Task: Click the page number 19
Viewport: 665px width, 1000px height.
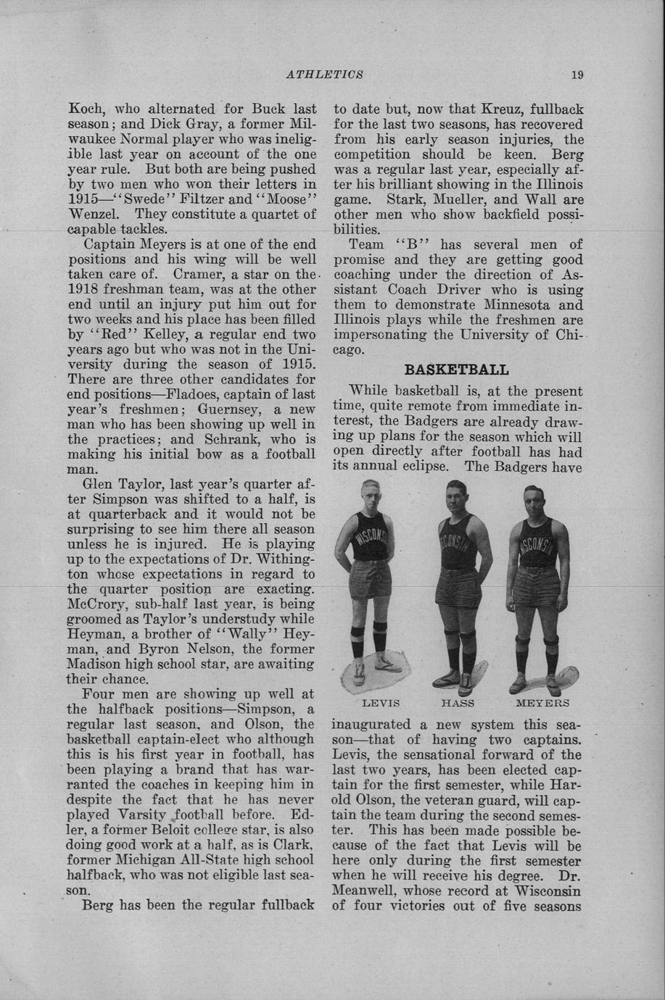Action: click(577, 74)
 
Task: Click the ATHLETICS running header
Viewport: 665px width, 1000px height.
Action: click(324, 74)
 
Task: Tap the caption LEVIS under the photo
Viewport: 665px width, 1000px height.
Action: click(381, 703)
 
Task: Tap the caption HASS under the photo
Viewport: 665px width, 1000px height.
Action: click(458, 703)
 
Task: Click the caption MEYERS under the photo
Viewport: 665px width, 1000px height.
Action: click(542, 703)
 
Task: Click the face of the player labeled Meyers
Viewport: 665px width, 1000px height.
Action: click(537, 504)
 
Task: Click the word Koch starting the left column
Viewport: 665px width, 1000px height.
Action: click(84, 109)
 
